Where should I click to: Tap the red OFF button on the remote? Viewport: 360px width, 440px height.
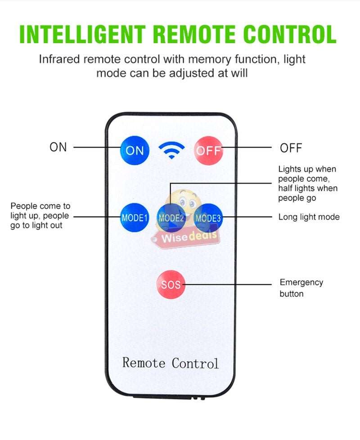pyautogui.click(x=208, y=150)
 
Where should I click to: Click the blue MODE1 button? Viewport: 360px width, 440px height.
pyautogui.click(x=134, y=218)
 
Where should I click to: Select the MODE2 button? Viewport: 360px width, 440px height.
pyautogui.click(x=171, y=218)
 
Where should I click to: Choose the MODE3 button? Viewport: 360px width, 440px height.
pyautogui.click(x=208, y=218)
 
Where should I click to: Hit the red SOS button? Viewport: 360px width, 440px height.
pyautogui.click(x=171, y=284)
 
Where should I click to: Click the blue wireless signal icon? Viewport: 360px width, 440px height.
pyautogui.click(x=171, y=150)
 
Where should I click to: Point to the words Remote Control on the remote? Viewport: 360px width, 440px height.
pyautogui.click(x=171, y=363)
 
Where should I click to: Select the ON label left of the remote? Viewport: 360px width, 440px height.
pyautogui.click(x=58, y=147)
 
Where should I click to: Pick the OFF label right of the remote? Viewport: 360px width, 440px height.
pyautogui.click(x=291, y=148)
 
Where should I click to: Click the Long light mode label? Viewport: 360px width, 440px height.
pyautogui.click(x=309, y=217)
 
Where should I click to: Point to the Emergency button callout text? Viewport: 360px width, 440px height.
pyautogui.click(x=301, y=288)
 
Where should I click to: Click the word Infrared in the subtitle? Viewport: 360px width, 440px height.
pyautogui.click(x=60, y=59)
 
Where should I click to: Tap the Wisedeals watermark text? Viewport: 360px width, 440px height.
pyautogui.click(x=189, y=236)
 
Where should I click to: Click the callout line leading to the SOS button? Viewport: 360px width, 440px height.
pyautogui.click(x=229, y=284)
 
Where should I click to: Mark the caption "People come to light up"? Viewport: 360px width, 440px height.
pyautogui.click(x=40, y=216)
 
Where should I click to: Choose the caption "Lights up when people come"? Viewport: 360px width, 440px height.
pyautogui.click(x=307, y=184)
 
